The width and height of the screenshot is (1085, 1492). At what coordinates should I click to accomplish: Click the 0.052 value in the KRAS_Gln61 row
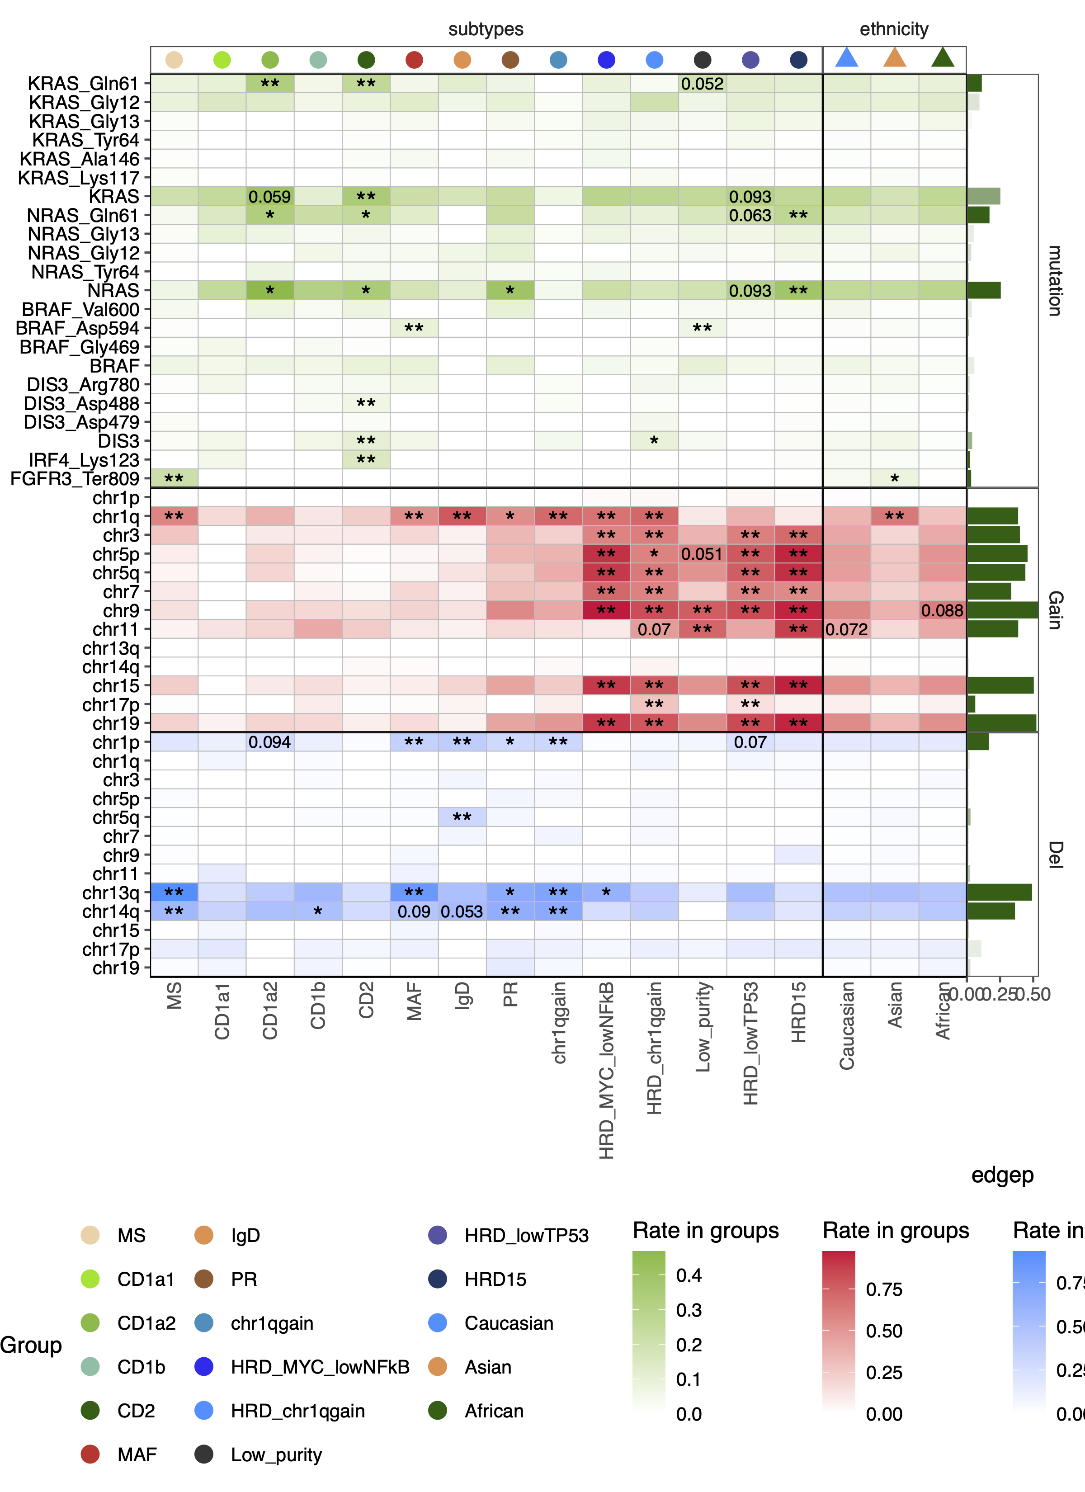click(x=702, y=84)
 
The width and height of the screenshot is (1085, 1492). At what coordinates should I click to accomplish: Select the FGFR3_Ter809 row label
click(x=75, y=479)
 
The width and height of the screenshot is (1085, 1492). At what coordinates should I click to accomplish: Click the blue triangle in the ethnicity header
click(x=846, y=58)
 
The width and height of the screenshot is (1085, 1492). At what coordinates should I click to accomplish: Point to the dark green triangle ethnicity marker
click(x=942, y=58)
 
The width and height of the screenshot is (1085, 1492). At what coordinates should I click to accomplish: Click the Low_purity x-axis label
click(x=703, y=1026)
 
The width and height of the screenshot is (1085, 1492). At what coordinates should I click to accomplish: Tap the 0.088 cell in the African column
click(x=942, y=610)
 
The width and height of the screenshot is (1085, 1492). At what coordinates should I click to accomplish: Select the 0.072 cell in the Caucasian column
click(x=846, y=629)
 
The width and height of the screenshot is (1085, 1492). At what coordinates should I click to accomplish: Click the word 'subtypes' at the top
click(x=486, y=29)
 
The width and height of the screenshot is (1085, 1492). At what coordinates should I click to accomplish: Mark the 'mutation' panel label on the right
click(x=1054, y=281)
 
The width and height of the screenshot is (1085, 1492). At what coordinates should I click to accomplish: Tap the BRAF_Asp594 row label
click(x=78, y=328)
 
